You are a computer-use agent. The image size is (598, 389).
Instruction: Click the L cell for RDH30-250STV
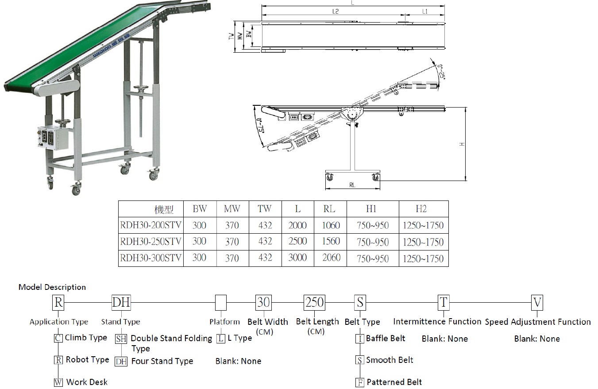(297, 242)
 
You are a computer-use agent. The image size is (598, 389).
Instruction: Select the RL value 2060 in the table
(331, 258)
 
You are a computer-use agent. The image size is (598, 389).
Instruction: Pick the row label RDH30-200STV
(150, 225)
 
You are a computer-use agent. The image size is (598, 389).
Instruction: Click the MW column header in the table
(231, 209)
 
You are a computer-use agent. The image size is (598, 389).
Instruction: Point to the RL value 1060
(331, 225)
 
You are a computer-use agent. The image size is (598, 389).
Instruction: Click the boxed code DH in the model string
(121, 303)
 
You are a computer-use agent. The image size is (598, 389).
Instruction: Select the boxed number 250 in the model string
(315, 303)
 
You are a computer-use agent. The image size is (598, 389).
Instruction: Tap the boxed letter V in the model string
(537, 303)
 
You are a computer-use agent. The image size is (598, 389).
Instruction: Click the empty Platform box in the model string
(221, 303)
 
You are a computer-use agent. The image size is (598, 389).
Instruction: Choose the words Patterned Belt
(394, 382)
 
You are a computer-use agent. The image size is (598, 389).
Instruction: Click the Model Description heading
(52, 287)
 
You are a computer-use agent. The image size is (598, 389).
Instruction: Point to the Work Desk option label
(87, 382)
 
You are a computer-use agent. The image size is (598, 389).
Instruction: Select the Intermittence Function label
(437, 322)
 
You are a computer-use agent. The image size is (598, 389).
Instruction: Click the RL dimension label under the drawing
(352, 185)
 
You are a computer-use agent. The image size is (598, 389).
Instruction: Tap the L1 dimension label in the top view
(424, 12)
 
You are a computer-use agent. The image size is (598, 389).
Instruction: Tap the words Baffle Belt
(386, 339)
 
